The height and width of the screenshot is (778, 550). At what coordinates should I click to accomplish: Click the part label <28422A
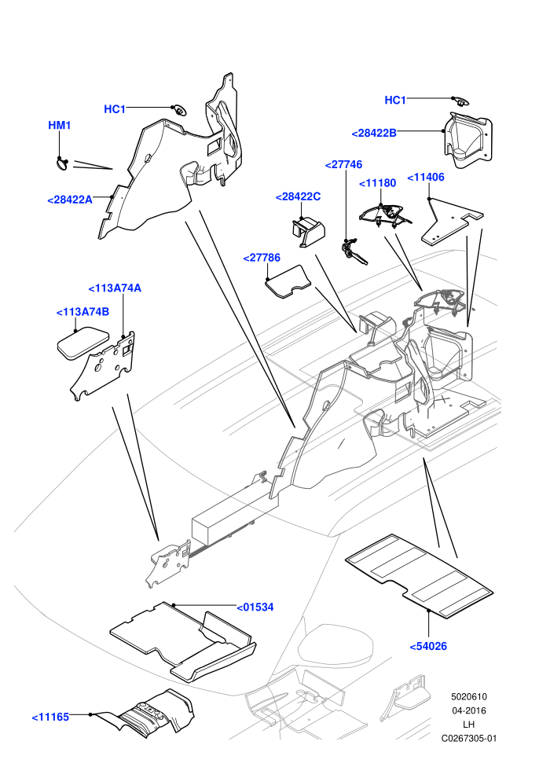[x=70, y=200]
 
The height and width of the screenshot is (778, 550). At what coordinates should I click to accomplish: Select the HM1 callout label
[x=60, y=125]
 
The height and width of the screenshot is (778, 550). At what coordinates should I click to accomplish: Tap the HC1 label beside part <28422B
[x=395, y=101]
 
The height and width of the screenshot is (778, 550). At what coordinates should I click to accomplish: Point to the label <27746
[x=343, y=164]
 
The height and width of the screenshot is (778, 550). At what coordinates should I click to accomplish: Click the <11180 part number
[x=377, y=183]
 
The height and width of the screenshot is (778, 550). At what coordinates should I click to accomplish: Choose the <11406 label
[x=426, y=177]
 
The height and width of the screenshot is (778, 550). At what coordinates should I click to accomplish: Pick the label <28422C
[x=298, y=196]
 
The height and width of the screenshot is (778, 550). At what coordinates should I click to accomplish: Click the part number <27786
[x=262, y=258]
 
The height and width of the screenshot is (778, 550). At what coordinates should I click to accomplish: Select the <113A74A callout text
[x=115, y=288]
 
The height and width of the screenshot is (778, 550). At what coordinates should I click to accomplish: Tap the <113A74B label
[x=82, y=312]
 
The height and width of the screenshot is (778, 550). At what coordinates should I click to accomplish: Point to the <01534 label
[x=255, y=607]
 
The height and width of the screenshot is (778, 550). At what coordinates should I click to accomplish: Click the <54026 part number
[x=428, y=646]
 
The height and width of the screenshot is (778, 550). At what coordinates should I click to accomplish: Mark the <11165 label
[x=50, y=717]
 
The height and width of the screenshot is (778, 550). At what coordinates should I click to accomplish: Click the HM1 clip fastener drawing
[x=64, y=163]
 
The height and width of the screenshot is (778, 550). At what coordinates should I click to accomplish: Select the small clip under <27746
[x=354, y=251]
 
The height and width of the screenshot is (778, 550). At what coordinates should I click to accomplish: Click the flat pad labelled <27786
[x=288, y=281]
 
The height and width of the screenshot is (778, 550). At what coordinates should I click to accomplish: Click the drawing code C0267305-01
[x=469, y=738]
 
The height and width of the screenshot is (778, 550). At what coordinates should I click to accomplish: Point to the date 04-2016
[x=469, y=710]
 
